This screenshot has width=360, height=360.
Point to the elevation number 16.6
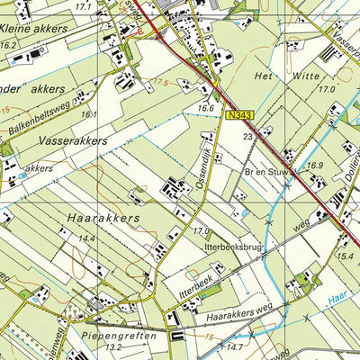tap(206, 108)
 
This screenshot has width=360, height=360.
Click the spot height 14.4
tap(86, 238)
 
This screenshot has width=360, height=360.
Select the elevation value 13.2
tap(112, 346)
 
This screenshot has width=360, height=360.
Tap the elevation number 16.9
tap(315, 166)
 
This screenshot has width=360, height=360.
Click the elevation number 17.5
tap(162, 82)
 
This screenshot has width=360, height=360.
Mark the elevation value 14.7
tap(235, 346)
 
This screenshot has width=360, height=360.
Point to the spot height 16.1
tap(87, 114)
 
